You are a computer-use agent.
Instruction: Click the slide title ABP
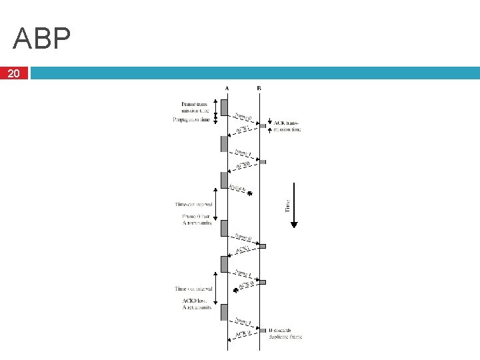41,39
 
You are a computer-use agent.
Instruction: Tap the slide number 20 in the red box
14,73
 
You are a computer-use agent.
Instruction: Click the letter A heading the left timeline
227,88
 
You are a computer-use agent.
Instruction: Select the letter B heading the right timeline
259,88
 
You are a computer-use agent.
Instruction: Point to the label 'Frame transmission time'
195,108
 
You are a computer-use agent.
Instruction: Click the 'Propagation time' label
191,120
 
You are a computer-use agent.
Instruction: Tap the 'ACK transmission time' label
287,126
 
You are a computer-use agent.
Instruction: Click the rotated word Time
288,206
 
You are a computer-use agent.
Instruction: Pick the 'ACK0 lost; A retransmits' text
197,304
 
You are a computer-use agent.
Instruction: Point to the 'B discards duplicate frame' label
285,333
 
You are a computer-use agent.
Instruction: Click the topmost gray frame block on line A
225,107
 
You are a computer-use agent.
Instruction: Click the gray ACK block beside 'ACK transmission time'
263,125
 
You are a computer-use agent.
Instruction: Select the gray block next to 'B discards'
263,330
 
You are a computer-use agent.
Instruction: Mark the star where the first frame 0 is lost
250,194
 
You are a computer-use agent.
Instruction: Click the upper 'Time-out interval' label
193,204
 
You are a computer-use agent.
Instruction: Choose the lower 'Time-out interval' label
193,289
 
